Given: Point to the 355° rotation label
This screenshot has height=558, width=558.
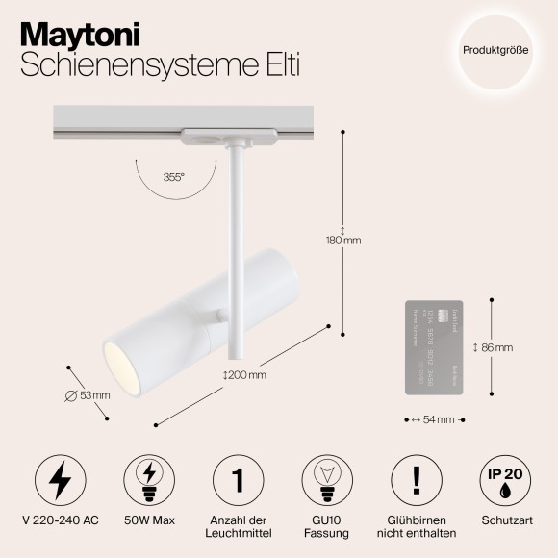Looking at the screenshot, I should [x=173, y=177].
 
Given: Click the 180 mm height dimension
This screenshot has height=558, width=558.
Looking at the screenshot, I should [x=343, y=241].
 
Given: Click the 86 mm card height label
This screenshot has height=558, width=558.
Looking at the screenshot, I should [x=494, y=347].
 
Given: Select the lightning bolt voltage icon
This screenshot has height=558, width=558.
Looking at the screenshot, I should [x=60, y=478].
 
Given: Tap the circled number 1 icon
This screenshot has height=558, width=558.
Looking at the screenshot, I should [x=238, y=478].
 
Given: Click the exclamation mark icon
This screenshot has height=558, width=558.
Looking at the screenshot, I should [x=417, y=478].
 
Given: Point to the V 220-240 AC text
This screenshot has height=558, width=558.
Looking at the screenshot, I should [x=60, y=520].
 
